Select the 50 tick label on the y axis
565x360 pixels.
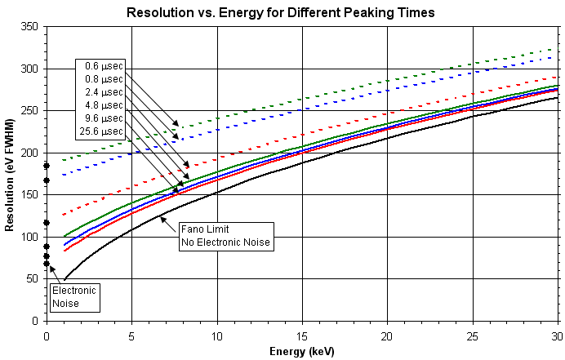coord(33,278)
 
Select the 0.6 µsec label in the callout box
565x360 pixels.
coord(104,66)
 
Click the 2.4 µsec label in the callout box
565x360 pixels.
coord(104,92)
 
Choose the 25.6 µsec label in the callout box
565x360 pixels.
coord(101,131)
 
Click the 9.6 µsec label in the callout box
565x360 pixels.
coord(104,118)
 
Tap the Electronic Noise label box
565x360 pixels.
coord(74,297)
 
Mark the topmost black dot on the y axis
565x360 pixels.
coord(47,166)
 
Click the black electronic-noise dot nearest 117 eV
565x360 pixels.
coord(47,223)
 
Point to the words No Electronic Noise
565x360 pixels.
coord(224,242)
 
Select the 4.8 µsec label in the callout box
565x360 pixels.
coord(104,105)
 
